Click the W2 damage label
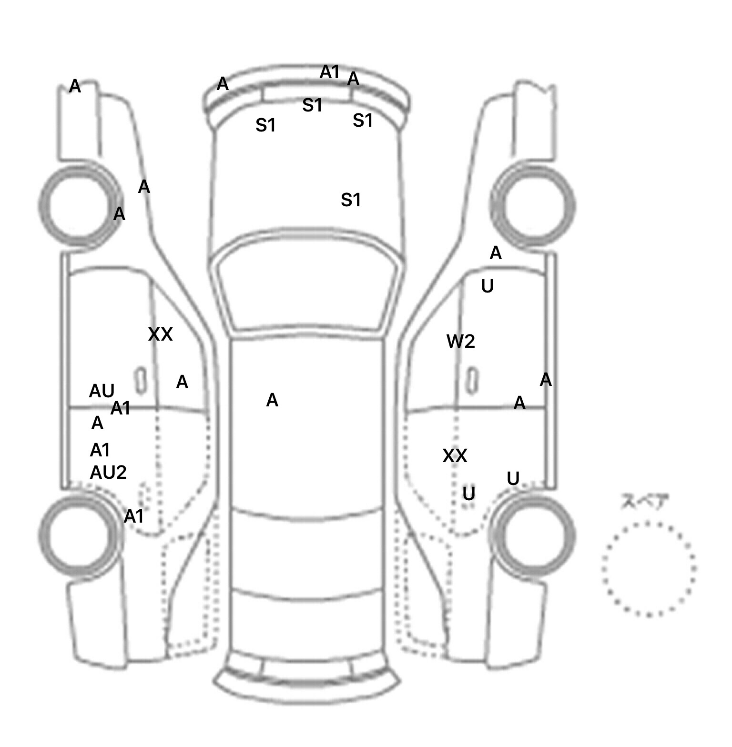tap(460, 341)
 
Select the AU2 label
tap(108, 473)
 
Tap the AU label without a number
tap(102, 391)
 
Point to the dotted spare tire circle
tap(649, 568)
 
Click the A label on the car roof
tap(272, 400)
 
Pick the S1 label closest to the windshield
tap(351, 200)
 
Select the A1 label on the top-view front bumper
tap(329, 72)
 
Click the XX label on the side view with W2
tap(455, 456)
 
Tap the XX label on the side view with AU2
tap(160, 334)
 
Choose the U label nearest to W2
tap(487, 286)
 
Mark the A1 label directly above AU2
tap(100, 450)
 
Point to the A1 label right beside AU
tap(120, 408)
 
